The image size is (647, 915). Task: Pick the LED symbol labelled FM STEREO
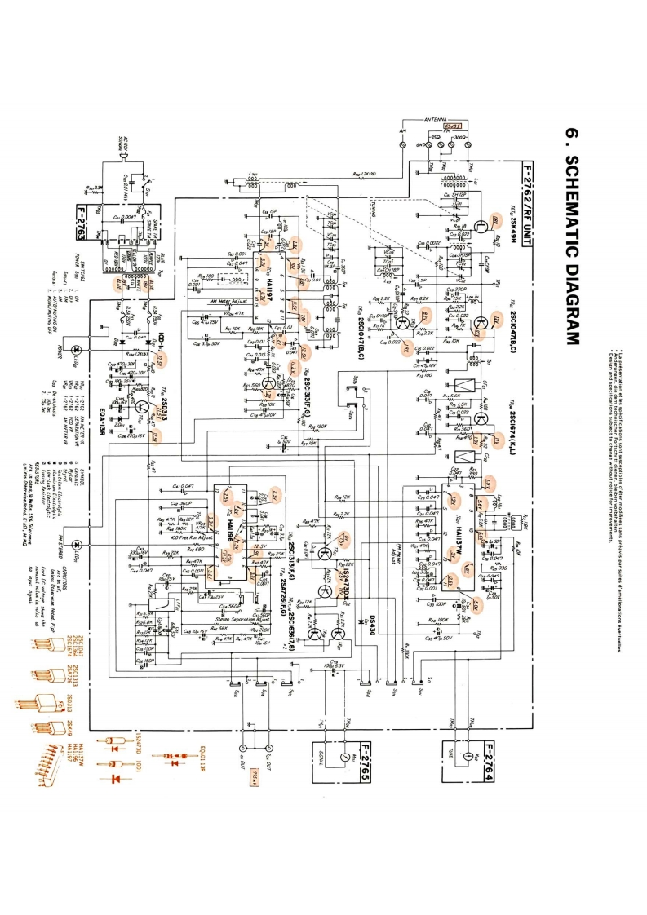[x=77, y=544]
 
